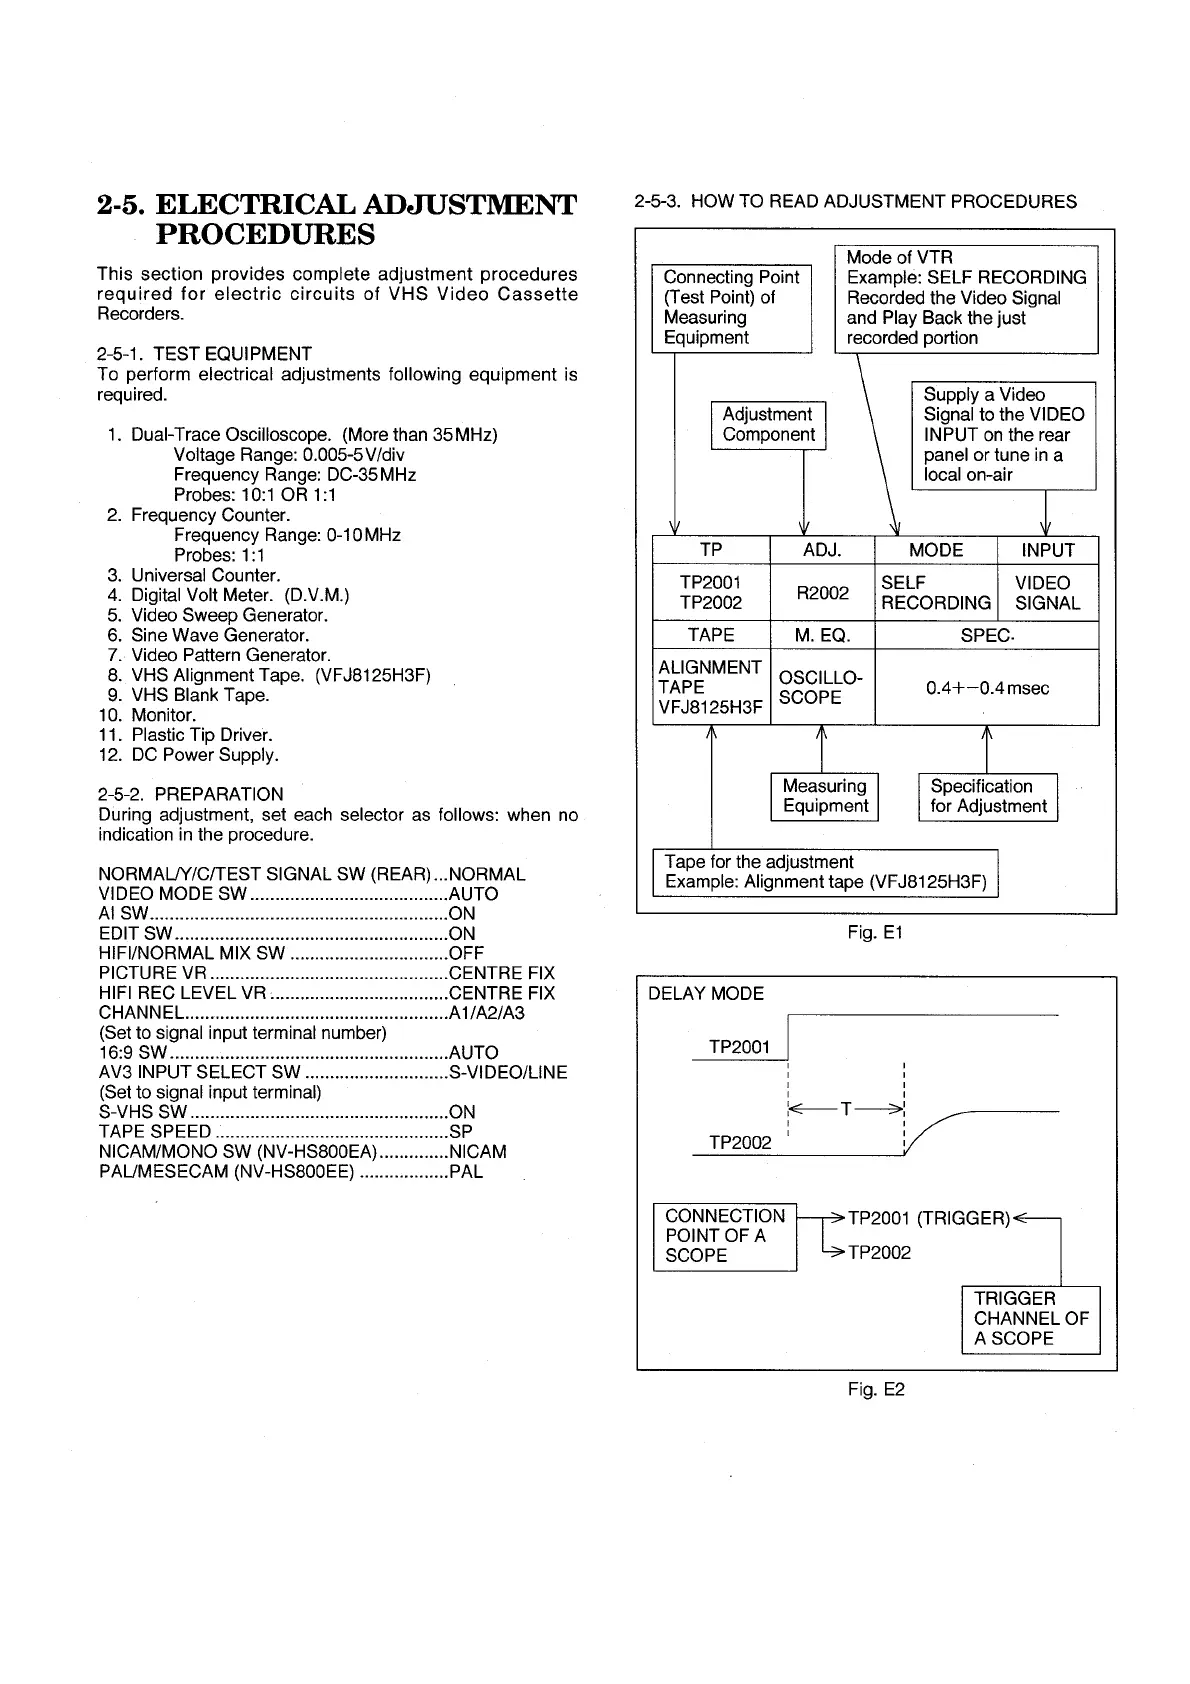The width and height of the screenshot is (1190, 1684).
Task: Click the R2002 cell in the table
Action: [x=822, y=593]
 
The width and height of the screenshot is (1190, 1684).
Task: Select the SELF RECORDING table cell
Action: [x=935, y=593]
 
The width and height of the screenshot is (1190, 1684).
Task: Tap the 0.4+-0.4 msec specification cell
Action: [x=987, y=688]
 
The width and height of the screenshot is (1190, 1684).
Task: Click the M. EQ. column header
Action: [x=822, y=635]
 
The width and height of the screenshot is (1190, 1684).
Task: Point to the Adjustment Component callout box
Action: [x=768, y=425]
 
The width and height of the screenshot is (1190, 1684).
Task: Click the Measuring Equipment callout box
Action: [x=825, y=797]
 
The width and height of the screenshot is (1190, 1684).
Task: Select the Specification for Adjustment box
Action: [x=988, y=797]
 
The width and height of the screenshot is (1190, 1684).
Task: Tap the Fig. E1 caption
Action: [x=875, y=933]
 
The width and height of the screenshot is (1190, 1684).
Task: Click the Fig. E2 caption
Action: [x=876, y=1390]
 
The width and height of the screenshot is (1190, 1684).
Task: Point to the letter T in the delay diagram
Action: [x=846, y=1109]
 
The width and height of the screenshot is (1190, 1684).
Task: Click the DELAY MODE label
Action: [x=706, y=994]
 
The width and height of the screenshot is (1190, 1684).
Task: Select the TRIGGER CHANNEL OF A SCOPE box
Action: [x=1030, y=1319]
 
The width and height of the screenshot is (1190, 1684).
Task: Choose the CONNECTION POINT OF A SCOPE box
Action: [x=725, y=1236]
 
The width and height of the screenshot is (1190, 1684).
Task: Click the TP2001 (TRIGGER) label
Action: [x=929, y=1218]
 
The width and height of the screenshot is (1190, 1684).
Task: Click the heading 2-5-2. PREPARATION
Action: [x=190, y=794]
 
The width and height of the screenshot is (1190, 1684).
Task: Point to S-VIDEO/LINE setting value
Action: [x=508, y=1073]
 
